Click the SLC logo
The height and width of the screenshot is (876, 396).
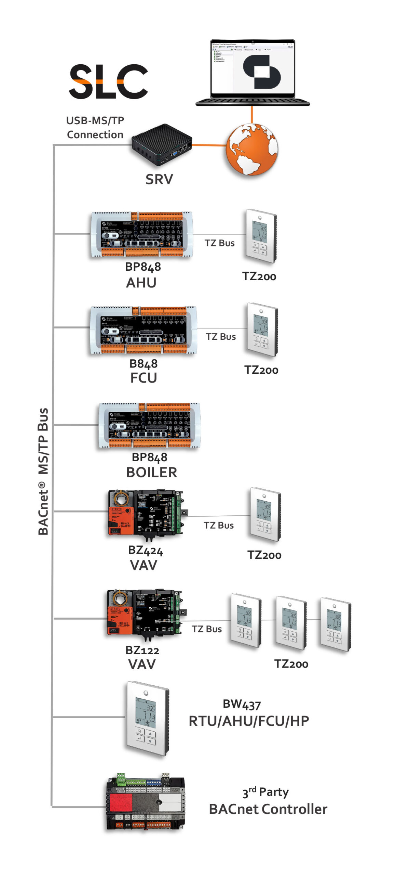point(108,81)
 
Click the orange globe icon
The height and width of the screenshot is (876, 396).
point(252,149)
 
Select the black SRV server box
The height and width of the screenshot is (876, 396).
point(162,144)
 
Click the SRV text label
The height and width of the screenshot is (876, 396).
point(159,179)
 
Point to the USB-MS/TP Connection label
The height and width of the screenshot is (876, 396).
point(95,128)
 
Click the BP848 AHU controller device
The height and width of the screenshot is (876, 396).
point(141,234)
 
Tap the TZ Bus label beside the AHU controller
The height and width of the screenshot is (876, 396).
point(219,243)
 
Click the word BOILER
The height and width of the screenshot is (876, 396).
point(151,472)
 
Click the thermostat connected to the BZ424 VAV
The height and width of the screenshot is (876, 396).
point(265,514)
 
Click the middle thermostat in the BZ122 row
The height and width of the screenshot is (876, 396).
point(291,622)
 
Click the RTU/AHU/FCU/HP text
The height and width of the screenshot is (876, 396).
point(248,721)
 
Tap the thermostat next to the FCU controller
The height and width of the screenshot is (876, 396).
point(262,329)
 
